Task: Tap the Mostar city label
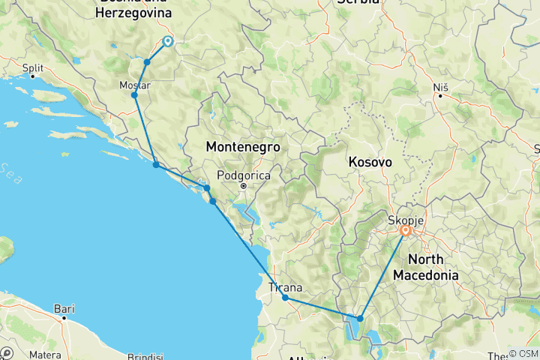(x=135, y=85)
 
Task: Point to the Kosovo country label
(x=370, y=161)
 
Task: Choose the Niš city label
(x=441, y=87)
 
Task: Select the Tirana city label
(x=286, y=287)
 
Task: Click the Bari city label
(x=64, y=307)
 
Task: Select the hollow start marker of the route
(x=166, y=42)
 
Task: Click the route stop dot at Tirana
(x=286, y=298)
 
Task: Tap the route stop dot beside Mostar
(x=134, y=95)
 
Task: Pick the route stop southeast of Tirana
(x=361, y=319)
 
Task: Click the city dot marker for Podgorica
(x=244, y=185)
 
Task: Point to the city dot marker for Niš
(x=441, y=96)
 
